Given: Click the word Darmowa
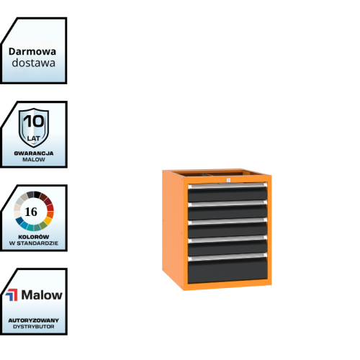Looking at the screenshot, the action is pyautogui.click(x=32, y=52).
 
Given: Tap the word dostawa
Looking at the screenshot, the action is pyautogui.click(x=34, y=63).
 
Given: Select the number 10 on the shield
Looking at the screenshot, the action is pyautogui.click(x=34, y=121).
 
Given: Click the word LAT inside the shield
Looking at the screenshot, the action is pyautogui.click(x=34, y=138).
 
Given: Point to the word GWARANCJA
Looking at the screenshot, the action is pyautogui.click(x=34, y=153).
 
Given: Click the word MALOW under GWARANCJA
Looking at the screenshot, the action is pyautogui.click(x=34, y=160).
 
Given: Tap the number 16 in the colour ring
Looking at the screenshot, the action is pyautogui.click(x=31, y=212).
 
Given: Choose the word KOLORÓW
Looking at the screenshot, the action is pyautogui.click(x=34, y=237).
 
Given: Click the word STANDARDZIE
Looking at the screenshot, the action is pyautogui.click(x=37, y=243).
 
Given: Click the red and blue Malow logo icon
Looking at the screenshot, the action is pyautogui.click(x=12, y=295).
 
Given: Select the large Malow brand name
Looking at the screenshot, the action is pyautogui.click(x=42, y=294).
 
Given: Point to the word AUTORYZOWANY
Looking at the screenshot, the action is pyautogui.click(x=34, y=320).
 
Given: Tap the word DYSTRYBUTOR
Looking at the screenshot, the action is pyautogui.click(x=34, y=327).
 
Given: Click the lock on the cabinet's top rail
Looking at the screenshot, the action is pyautogui.click(x=228, y=180).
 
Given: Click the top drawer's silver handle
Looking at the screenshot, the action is pyautogui.click(x=228, y=186).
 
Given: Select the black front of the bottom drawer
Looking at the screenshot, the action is pyautogui.click(x=228, y=270).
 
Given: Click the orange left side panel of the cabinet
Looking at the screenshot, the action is pyautogui.click(x=173, y=228).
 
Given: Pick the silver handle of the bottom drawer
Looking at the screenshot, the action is pyautogui.click(x=228, y=257).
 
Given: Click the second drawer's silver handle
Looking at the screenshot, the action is pyautogui.click(x=228, y=204).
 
